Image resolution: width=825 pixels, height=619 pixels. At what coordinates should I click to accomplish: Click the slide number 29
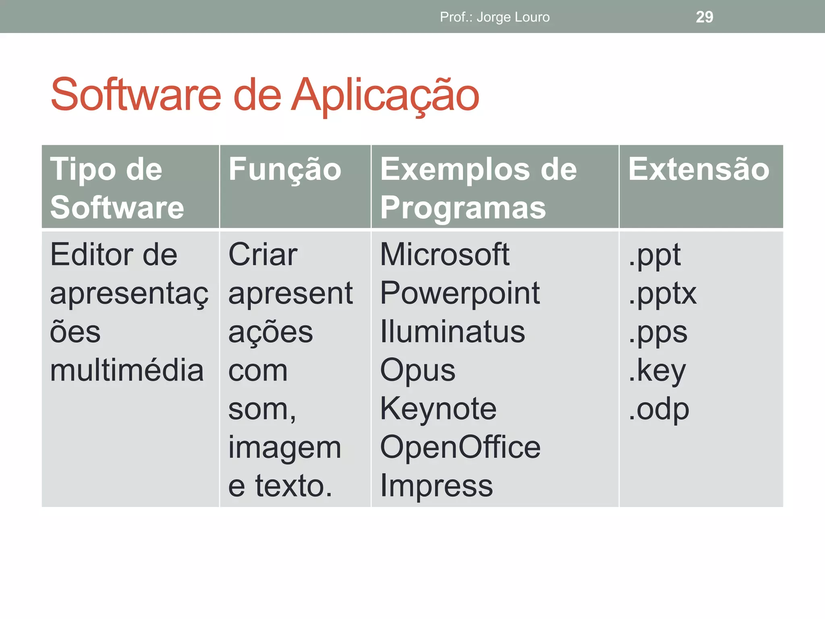pos(704,17)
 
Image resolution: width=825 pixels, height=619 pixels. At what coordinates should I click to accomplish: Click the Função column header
pos(285,170)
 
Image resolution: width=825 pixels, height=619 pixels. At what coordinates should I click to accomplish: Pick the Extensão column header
pos(699,169)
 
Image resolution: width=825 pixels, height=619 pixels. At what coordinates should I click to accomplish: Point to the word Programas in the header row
pos(463,207)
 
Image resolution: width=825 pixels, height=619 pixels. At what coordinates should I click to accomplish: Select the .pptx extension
pos(663,294)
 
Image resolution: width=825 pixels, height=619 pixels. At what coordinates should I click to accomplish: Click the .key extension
pos(657,371)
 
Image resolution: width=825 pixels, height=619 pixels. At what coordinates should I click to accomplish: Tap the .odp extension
pos(659,409)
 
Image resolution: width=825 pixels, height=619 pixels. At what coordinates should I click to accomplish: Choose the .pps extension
pos(658,332)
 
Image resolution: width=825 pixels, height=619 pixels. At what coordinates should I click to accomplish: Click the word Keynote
pos(438,409)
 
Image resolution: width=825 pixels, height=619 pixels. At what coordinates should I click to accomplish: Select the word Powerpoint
pos(460,293)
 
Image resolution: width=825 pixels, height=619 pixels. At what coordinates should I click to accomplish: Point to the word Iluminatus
pos(452,332)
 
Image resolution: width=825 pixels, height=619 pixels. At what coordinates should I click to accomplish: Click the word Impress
pos(436,486)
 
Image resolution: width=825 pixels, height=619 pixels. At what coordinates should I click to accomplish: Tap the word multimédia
pos(126,370)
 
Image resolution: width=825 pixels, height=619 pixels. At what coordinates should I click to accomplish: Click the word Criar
pos(263,255)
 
